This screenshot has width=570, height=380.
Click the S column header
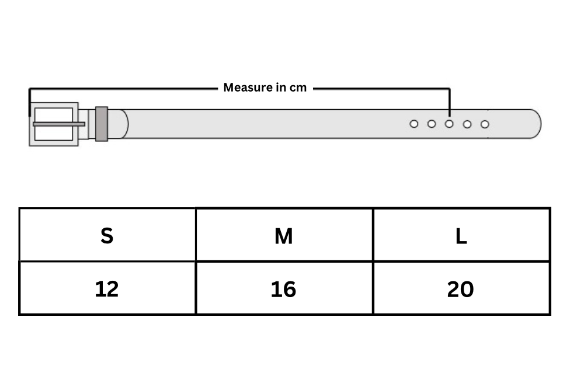107,235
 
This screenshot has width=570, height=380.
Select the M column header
284,235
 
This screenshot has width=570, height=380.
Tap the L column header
461,235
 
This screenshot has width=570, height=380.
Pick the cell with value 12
107,288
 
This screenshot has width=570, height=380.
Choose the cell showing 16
284,288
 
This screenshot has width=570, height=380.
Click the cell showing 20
461,288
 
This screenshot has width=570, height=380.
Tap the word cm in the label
298,88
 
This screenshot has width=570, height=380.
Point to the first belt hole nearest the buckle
413,124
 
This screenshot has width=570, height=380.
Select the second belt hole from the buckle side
432,124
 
